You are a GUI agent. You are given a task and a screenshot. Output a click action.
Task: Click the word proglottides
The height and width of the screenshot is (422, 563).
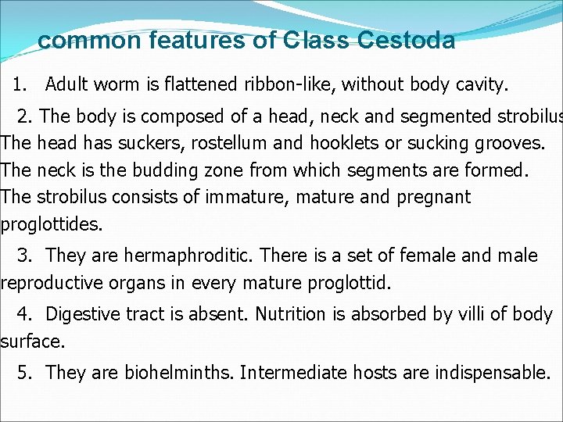coord(52,224)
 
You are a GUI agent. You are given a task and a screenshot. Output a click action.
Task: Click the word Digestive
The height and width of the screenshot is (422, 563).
coord(82,314)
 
